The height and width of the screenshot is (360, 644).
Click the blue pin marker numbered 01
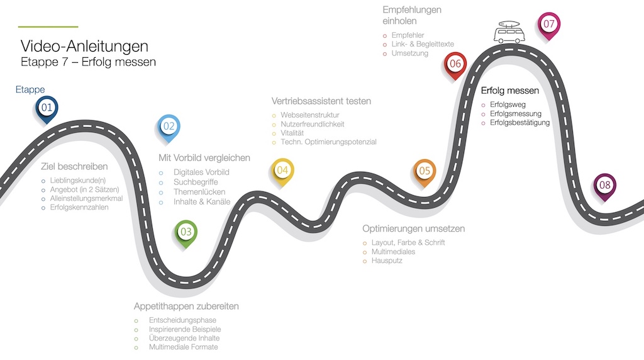47,109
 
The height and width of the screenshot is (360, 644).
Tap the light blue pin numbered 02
169,127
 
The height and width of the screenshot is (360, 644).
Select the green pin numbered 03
186,233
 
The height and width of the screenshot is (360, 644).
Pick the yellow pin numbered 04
282,171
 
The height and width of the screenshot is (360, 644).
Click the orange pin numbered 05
425,172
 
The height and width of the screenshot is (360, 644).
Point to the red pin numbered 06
455,65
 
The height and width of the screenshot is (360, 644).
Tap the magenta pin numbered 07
549,25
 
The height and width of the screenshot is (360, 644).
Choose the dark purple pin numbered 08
604,186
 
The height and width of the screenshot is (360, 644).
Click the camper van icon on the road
509,32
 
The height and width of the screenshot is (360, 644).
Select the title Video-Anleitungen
85,46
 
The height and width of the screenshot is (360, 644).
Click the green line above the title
48,26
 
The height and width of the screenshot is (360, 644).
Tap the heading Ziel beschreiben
74,166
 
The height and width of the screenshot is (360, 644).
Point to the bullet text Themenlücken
199,192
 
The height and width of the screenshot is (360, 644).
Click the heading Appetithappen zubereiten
186,306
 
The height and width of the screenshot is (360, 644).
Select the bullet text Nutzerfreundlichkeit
313,124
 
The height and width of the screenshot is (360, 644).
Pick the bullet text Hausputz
387,261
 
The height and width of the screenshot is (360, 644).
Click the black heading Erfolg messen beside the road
509,91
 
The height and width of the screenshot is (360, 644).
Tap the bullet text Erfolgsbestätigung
520,123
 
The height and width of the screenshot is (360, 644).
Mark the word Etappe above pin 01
30,89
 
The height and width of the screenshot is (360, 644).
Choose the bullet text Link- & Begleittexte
423,44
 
